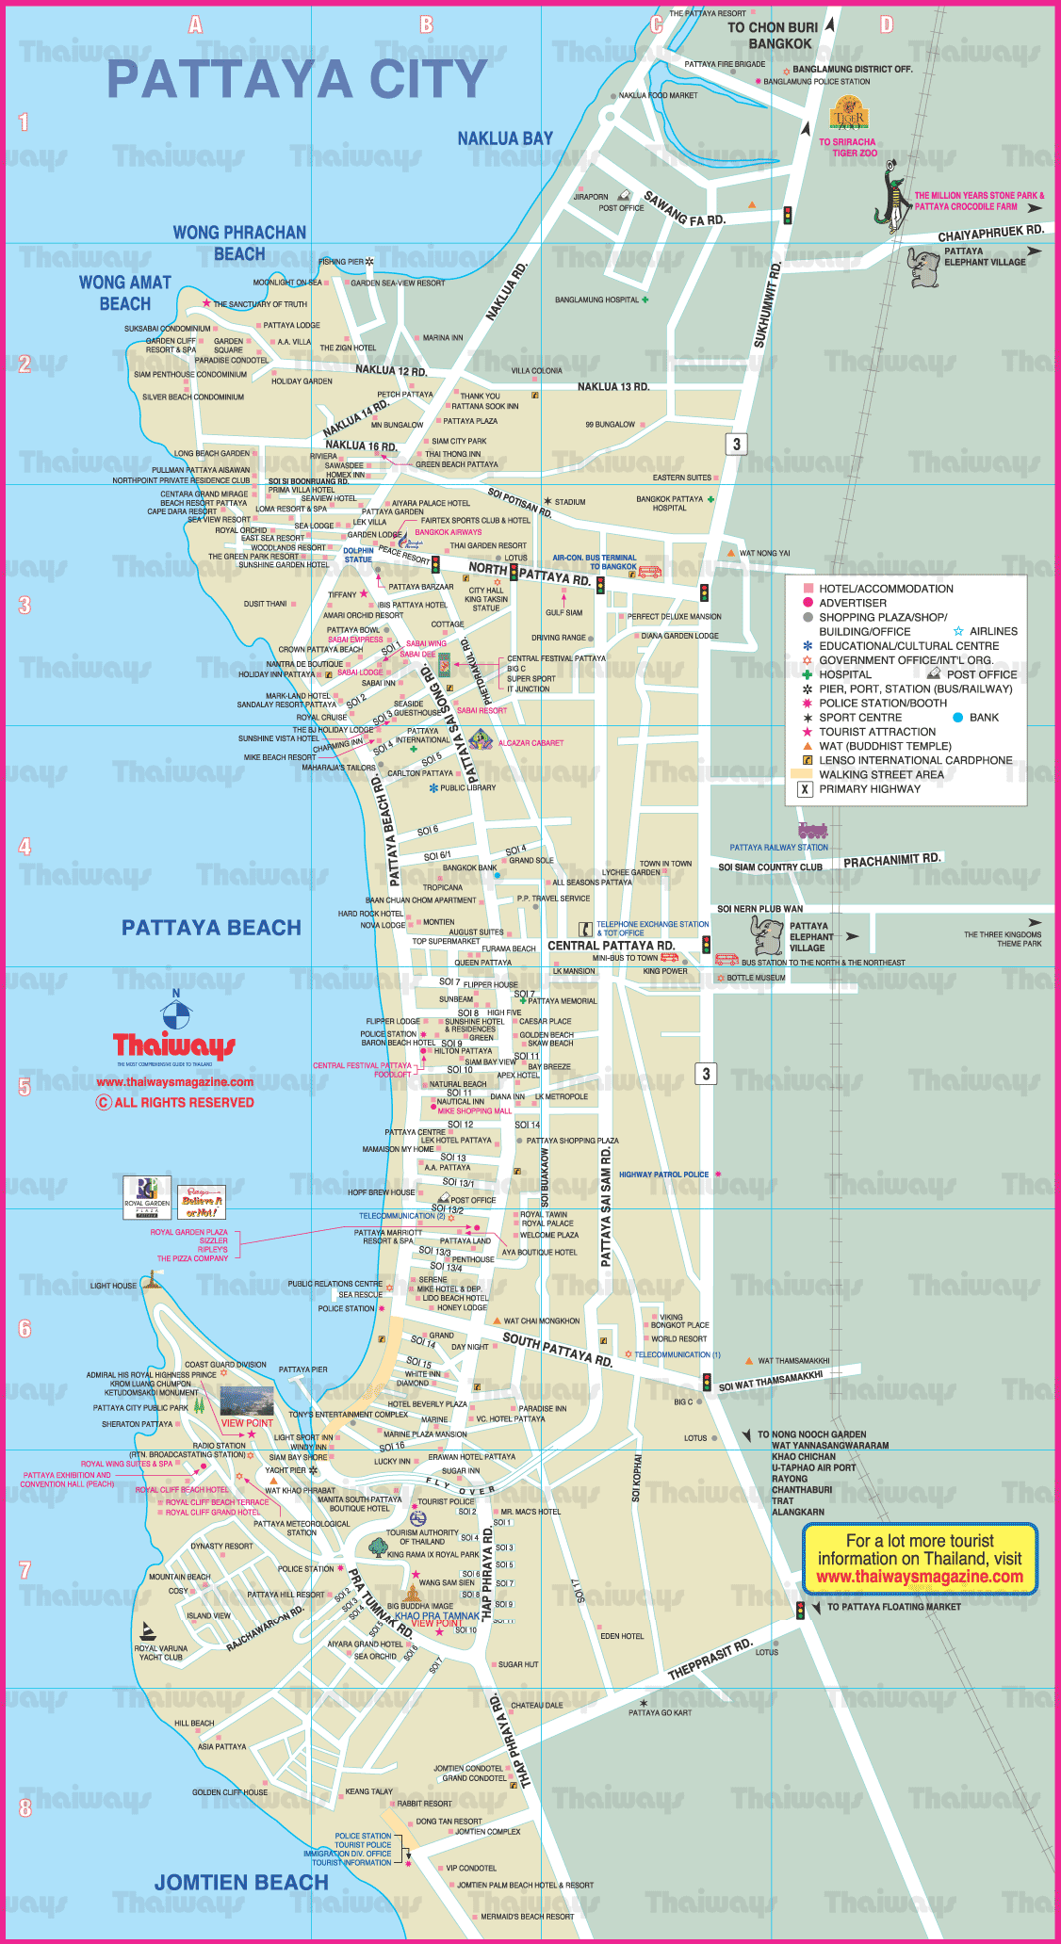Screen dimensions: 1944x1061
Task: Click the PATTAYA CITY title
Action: click(297, 79)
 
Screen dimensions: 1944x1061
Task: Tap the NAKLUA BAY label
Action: click(505, 138)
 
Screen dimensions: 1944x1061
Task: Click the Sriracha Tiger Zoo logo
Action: click(848, 114)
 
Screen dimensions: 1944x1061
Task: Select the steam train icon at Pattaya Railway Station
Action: click(812, 831)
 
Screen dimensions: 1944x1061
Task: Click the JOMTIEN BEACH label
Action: click(241, 1882)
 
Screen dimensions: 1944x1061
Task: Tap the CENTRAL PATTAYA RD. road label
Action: click(611, 945)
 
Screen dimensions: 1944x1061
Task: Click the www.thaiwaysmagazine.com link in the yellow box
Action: click(920, 1577)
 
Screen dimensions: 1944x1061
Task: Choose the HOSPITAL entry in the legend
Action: click(844, 674)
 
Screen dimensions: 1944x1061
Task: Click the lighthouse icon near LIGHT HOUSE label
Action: click(152, 1279)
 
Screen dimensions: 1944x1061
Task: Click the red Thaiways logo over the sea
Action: click(174, 1046)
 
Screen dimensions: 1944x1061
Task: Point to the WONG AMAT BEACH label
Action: click(125, 293)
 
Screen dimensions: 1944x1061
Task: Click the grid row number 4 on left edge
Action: click(24, 846)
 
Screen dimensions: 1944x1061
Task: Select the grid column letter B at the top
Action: click(426, 24)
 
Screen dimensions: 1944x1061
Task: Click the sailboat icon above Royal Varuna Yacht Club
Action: click(147, 1631)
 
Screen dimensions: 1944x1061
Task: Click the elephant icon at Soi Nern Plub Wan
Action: click(767, 935)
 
